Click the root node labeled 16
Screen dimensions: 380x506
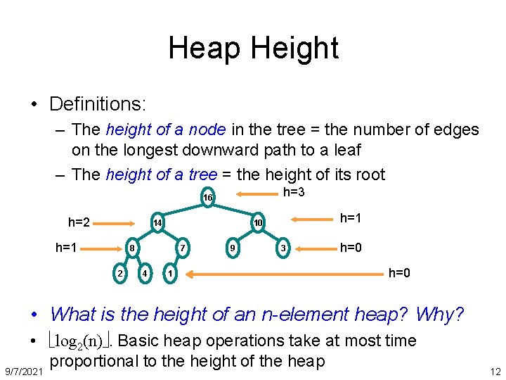coord(207,198)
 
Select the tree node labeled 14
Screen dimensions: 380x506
coord(158,223)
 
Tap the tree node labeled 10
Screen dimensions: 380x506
coord(258,223)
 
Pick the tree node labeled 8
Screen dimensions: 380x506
coord(131,248)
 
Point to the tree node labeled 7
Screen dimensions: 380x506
coord(182,248)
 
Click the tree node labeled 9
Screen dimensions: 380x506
coord(232,248)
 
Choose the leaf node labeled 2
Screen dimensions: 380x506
coord(120,272)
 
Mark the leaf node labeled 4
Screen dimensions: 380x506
coord(144,272)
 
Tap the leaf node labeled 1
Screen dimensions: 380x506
coord(169,272)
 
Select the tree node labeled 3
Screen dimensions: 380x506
coord(282,248)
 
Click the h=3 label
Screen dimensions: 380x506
coord(293,193)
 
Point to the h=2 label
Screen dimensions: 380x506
coord(79,222)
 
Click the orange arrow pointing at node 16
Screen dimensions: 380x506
coord(247,197)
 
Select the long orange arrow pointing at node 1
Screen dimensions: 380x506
coord(282,272)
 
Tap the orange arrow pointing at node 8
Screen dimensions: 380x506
coord(100,248)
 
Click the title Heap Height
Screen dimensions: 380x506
coord(253,48)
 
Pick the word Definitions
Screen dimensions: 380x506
coord(97,104)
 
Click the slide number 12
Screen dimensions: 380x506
coord(495,371)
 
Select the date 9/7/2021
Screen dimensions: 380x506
coord(23,370)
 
